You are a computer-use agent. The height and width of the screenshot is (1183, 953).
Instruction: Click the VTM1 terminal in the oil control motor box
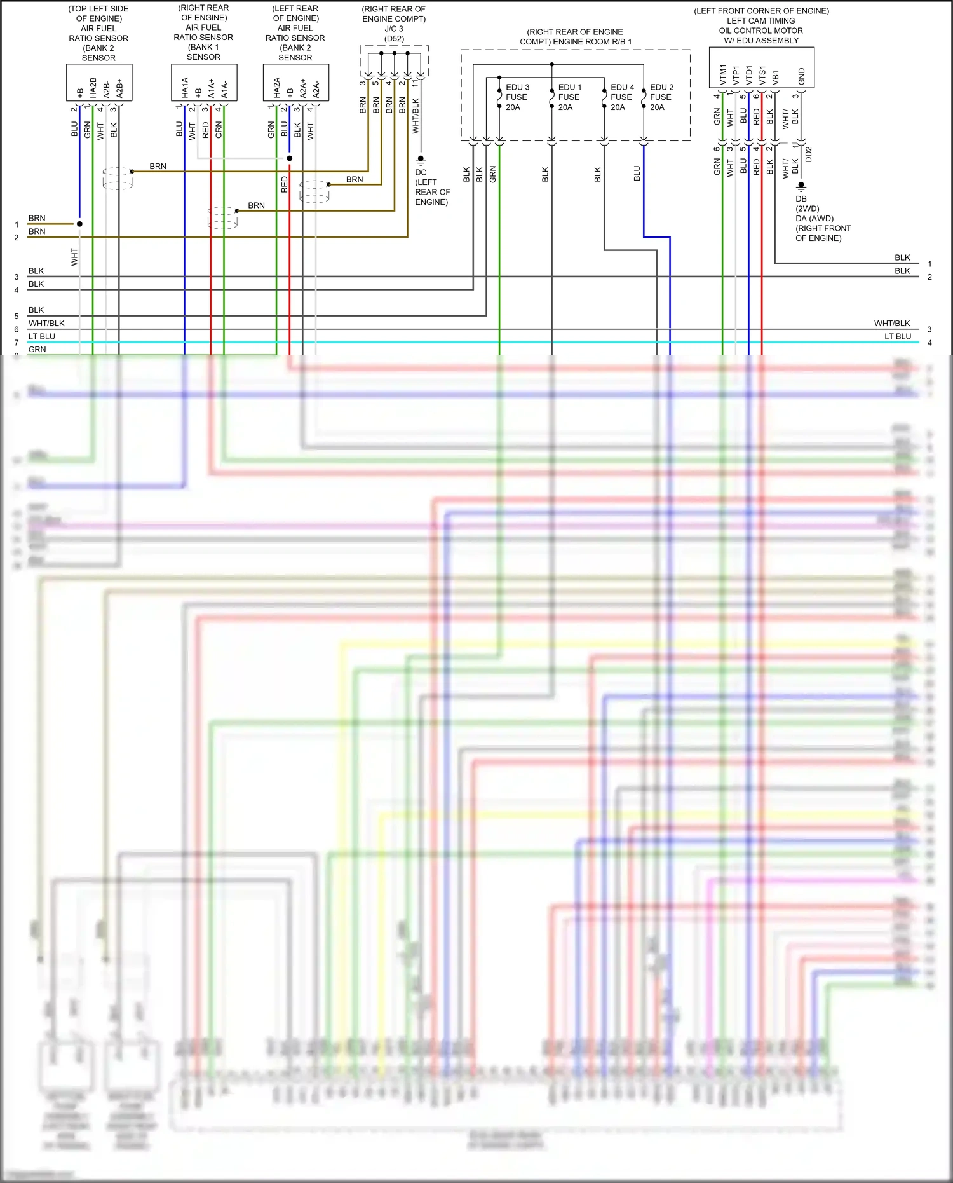click(x=723, y=74)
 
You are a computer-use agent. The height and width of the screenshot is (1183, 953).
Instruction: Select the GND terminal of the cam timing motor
click(x=801, y=76)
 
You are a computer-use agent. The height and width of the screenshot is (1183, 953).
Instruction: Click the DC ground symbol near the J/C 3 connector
click(x=421, y=159)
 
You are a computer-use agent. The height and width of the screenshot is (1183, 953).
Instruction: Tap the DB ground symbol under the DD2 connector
click(x=801, y=186)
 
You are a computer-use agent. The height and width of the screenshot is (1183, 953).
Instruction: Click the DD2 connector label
click(x=809, y=154)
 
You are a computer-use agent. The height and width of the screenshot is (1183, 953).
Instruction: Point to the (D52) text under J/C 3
click(x=394, y=39)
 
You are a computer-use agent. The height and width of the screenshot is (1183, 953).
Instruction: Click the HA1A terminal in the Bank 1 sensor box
click(x=185, y=87)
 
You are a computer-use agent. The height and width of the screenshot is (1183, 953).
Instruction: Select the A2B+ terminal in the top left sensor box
click(x=119, y=88)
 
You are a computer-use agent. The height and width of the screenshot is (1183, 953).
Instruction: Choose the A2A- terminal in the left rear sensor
click(x=316, y=88)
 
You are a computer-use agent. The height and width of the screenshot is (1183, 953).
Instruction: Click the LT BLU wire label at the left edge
click(x=42, y=336)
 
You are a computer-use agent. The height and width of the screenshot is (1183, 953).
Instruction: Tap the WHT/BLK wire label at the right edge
click(x=891, y=323)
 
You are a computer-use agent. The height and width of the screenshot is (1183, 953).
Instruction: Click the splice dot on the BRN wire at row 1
click(x=79, y=224)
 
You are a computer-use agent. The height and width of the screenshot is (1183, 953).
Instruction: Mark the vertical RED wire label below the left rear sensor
click(x=284, y=185)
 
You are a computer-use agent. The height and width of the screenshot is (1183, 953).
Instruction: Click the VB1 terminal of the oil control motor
click(x=775, y=77)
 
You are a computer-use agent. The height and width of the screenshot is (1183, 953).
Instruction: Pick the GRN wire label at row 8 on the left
click(x=37, y=349)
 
